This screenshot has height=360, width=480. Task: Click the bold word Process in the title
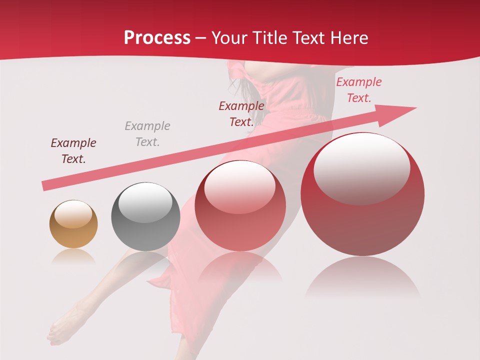tap(157, 38)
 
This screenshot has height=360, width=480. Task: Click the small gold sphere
tap(73, 224)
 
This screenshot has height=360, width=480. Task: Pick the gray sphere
tap(145, 216)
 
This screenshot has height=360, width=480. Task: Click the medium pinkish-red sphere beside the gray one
tap(240, 205)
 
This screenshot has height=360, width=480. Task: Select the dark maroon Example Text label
tap(73, 151)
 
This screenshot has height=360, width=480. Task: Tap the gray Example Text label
tap(147, 134)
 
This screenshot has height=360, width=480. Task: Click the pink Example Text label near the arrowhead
tap(359, 90)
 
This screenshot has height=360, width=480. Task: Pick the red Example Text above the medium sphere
tap(241, 114)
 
